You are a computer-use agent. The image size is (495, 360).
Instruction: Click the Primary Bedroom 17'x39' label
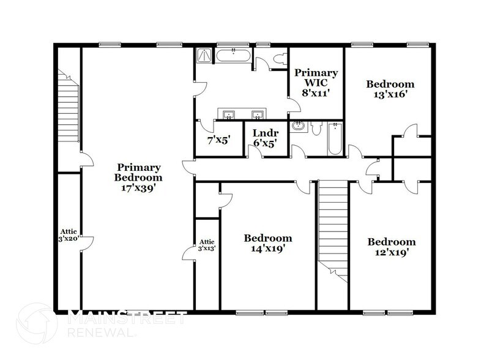point(139,178)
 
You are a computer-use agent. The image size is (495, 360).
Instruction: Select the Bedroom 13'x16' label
point(390,89)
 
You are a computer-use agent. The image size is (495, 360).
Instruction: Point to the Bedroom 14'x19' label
point(267,244)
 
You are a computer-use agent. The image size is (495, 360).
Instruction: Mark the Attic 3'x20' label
point(68,235)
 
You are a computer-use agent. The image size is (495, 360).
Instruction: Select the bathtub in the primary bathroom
point(233,57)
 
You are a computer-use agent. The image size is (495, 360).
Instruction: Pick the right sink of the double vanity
point(257,114)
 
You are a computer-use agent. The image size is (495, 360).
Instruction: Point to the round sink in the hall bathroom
point(299,127)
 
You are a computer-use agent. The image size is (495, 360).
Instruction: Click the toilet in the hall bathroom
point(314,127)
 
